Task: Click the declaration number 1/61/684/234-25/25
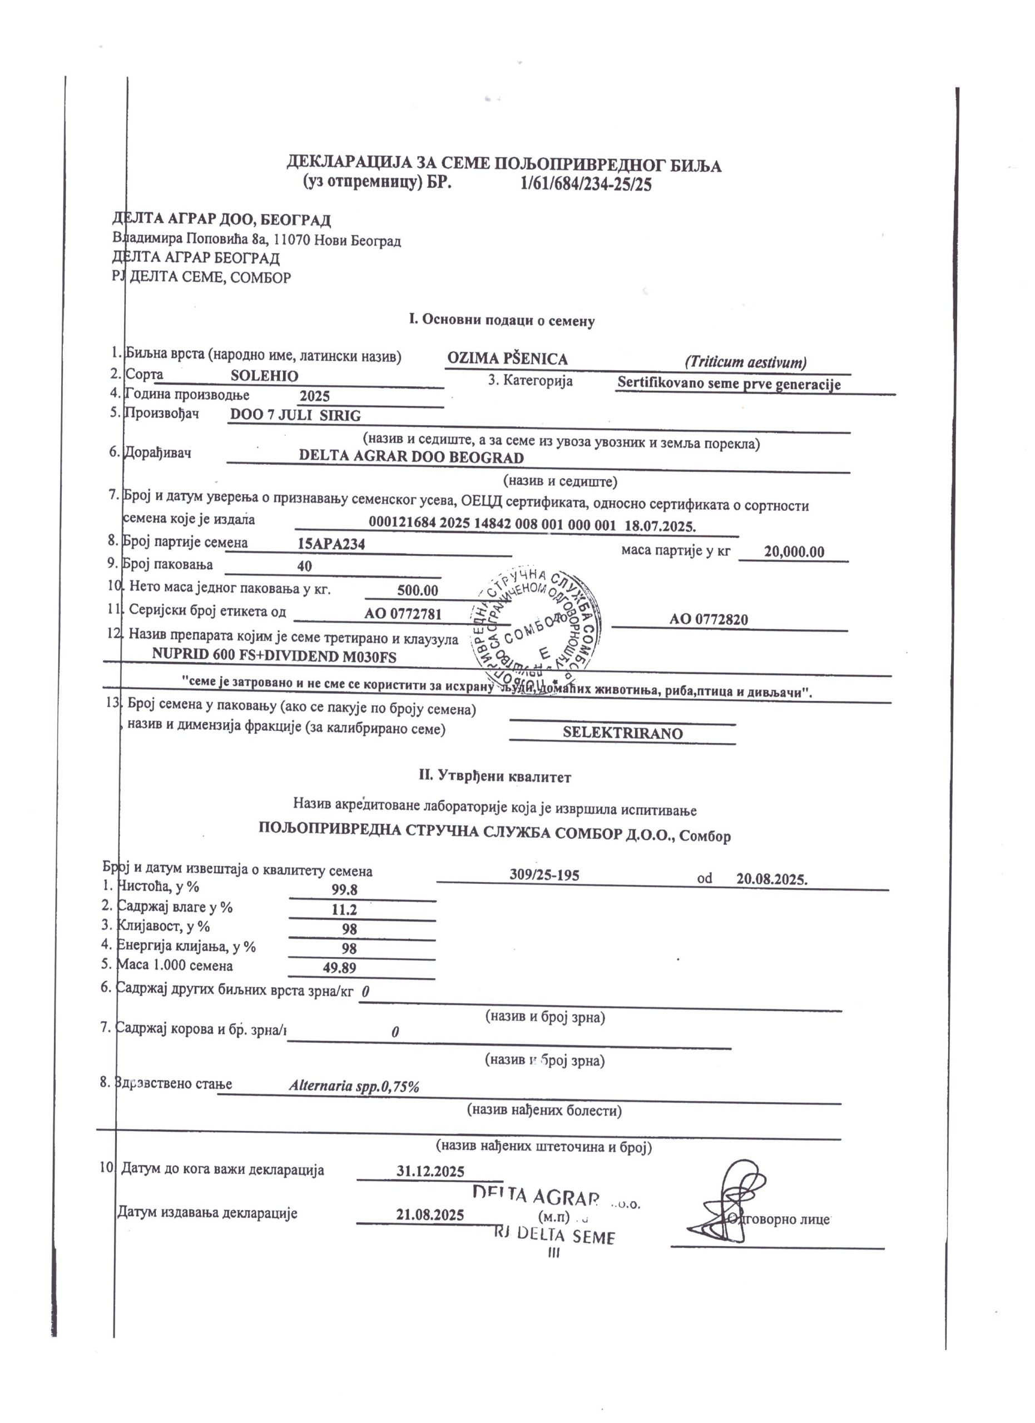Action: (x=586, y=185)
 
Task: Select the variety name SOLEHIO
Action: (x=264, y=376)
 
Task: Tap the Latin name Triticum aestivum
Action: (x=745, y=362)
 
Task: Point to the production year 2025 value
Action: (x=314, y=396)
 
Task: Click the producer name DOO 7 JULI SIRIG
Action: (x=295, y=415)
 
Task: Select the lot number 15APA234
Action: (x=331, y=544)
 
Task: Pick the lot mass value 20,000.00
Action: (x=794, y=552)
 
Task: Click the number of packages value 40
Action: (x=304, y=566)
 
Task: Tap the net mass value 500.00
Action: (x=417, y=590)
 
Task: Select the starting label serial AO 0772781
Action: (x=403, y=614)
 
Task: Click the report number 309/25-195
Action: (x=544, y=875)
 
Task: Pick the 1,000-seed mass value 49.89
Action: (x=340, y=968)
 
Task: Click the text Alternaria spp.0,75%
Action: (x=354, y=1087)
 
